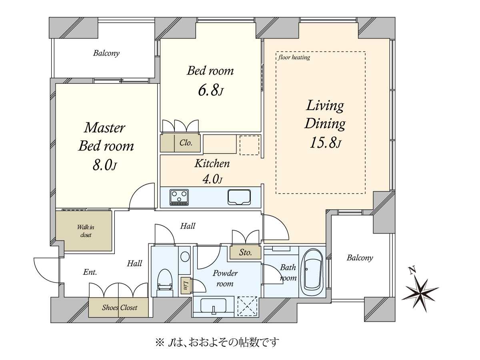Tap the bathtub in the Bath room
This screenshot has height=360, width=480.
(x=313, y=271)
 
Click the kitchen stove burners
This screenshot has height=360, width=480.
(x=179, y=197)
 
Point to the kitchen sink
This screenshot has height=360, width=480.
(x=239, y=197)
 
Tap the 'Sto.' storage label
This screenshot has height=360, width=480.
(x=246, y=252)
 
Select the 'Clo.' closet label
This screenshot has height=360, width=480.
(x=186, y=142)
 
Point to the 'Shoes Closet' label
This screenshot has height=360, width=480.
(x=120, y=307)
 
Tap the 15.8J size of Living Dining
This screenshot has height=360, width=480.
(x=325, y=143)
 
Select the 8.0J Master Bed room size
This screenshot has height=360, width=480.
(x=104, y=166)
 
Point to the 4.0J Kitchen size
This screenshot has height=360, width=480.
(x=212, y=180)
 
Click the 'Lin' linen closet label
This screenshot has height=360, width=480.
(x=186, y=286)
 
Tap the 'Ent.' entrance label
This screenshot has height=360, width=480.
(x=90, y=272)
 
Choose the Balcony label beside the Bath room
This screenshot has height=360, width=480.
(x=360, y=258)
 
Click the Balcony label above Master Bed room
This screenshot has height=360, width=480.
(x=106, y=53)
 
